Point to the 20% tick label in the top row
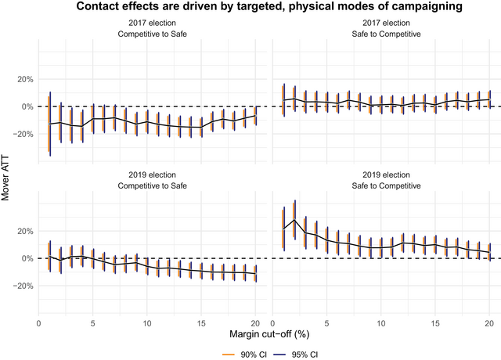point(23,79)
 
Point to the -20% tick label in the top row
point(22,134)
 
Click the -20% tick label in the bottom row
point(22,286)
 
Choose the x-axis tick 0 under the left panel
point(38,322)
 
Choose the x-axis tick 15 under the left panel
point(202,322)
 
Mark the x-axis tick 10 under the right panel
point(380,322)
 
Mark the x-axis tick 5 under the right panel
point(326,322)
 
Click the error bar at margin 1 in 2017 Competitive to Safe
point(49,124)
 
